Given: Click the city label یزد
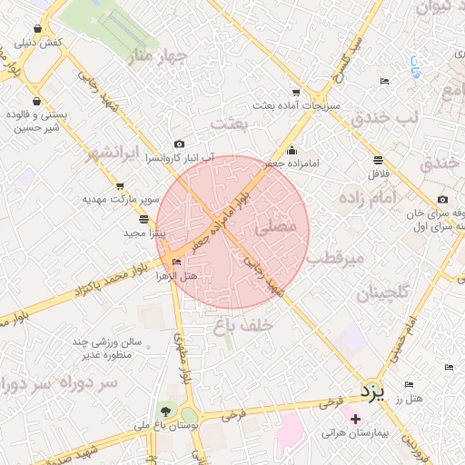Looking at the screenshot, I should pyautogui.click(x=371, y=391).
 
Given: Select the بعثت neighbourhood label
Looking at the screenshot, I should pyautogui.click(x=228, y=122).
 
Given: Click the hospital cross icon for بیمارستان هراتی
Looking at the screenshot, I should pyautogui.click(x=355, y=420).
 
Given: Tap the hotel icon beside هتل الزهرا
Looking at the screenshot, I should pyautogui.click(x=176, y=262).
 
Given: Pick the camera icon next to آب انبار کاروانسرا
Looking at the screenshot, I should pyautogui.click(x=179, y=143).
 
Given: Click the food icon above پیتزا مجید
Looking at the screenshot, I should pyautogui.click(x=143, y=219).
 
